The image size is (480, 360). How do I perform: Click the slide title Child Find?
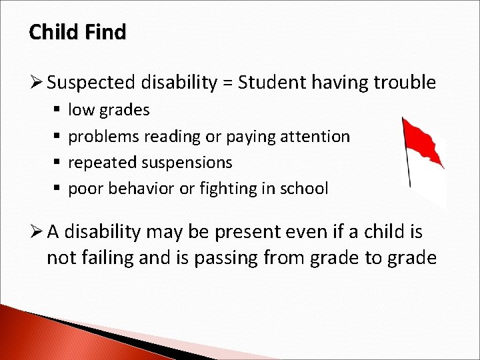point(77,32)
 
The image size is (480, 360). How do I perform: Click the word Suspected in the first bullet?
point(93,83)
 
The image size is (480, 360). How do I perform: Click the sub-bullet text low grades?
point(109,110)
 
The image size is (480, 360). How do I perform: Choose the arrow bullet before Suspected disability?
point(36,83)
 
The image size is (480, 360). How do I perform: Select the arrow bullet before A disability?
point(36,232)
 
